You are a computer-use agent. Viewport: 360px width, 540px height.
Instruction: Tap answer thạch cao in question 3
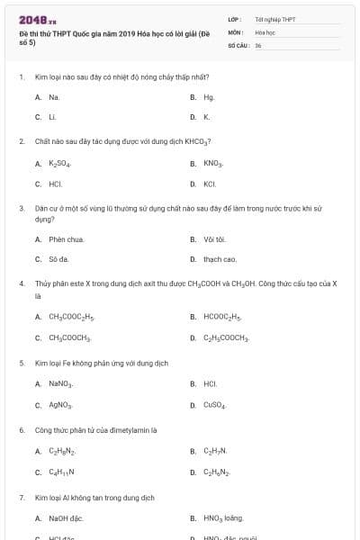tap(220, 259)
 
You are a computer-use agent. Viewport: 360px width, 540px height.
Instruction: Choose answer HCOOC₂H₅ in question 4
tap(222, 317)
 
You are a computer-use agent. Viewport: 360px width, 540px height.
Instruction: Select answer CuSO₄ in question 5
tap(214, 405)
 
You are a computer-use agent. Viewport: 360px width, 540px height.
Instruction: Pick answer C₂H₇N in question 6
tap(214, 451)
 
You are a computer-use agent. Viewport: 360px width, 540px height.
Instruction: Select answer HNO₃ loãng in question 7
tap(222, 518)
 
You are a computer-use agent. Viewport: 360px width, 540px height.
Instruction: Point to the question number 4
tap(21, 283)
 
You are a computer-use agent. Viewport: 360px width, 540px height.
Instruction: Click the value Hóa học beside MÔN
tap(265, 31)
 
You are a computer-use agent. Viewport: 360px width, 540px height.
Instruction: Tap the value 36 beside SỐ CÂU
tap(258, 44)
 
